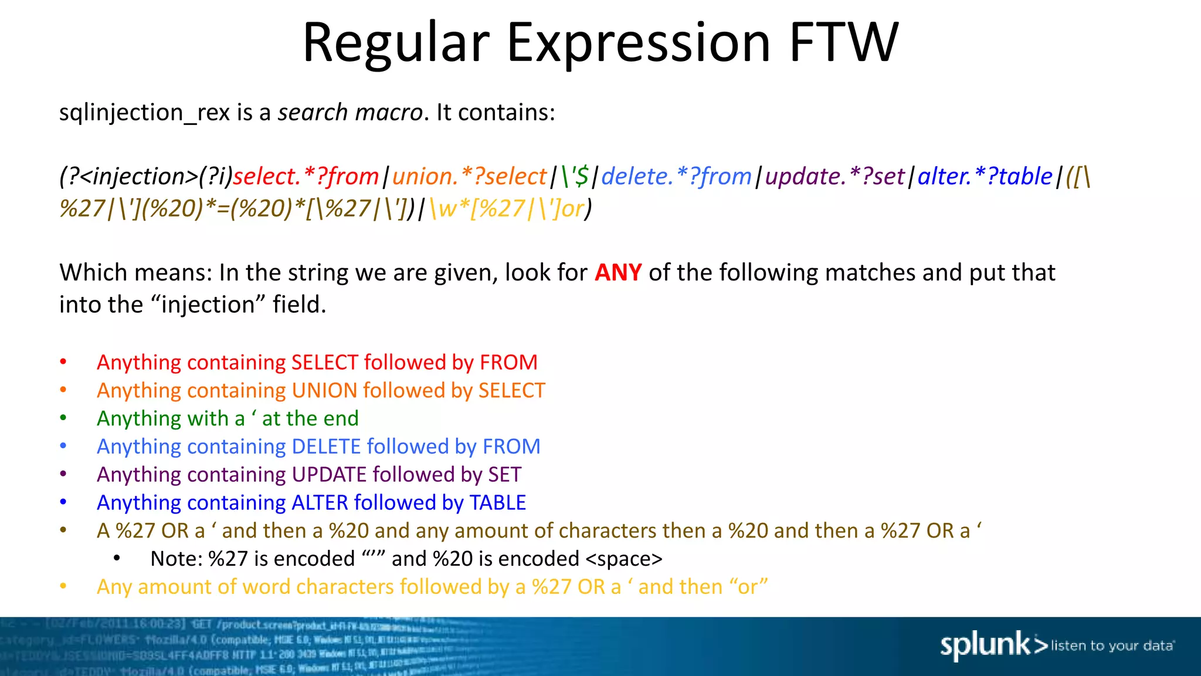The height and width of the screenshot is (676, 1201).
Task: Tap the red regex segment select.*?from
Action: (306, 176)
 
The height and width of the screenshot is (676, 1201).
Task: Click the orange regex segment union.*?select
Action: (469, 176)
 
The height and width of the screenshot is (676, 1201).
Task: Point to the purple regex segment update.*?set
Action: (835, 176)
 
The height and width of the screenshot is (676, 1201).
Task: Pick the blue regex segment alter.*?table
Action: (985, 176)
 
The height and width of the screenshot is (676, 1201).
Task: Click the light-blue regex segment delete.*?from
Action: (676, 176)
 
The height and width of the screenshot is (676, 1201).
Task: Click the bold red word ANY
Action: (618, 273)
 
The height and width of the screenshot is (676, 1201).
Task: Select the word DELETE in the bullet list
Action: (326, 447)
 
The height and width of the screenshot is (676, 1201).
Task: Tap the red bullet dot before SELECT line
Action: (63, 362)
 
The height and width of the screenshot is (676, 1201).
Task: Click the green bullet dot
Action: (63, 418)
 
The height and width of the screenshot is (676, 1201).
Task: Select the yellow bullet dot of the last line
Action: (63, 586)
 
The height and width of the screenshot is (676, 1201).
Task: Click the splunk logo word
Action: (985, 645)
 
